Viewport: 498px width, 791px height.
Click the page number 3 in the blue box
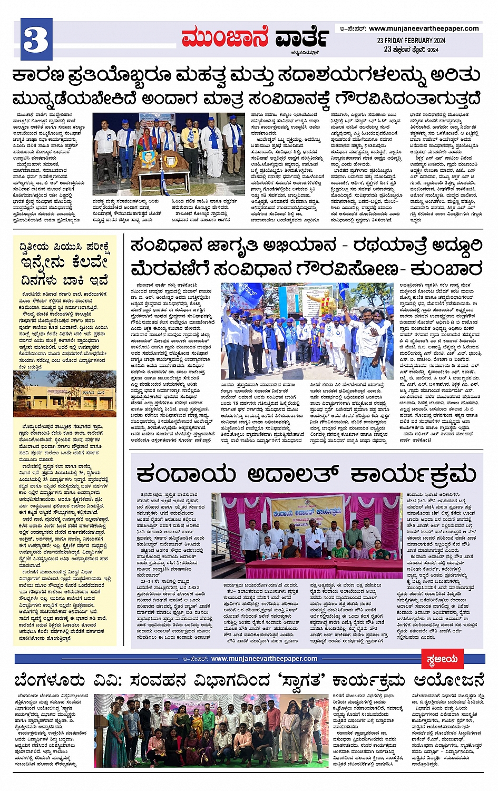pos(36,39)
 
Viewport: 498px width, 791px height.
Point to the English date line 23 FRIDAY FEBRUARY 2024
pos(411,41)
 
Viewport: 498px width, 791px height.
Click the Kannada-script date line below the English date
pos(411,50)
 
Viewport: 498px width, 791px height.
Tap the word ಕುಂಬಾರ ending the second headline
pos(450,269)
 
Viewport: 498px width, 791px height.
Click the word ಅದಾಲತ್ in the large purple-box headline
pos(295,473)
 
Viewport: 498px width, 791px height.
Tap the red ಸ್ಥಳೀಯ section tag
pos(442,659)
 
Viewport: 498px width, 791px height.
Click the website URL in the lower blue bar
pos(264,659)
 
